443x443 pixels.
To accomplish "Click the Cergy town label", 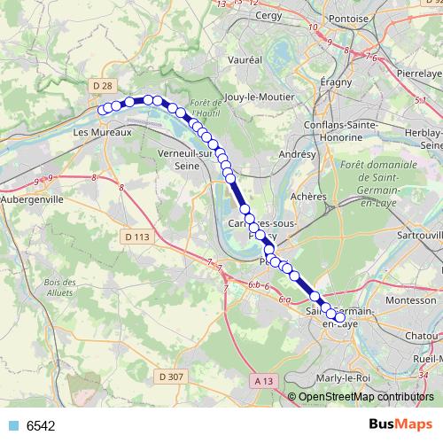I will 267,15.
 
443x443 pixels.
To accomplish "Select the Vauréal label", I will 245,58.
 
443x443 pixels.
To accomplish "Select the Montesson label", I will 404,300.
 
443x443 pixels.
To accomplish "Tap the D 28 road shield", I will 103,85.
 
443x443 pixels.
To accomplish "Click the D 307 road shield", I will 173,377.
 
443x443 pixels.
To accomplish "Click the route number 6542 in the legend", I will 41,425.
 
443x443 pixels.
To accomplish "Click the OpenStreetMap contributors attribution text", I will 365,398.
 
